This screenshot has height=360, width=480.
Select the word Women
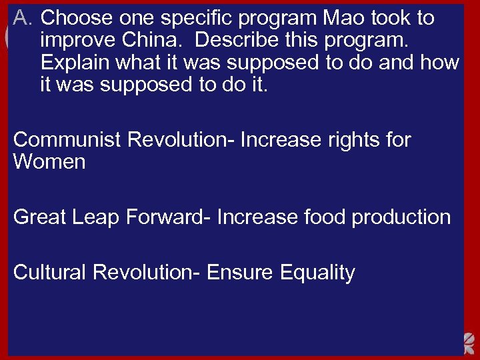[49, 162]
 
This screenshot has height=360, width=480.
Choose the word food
[325, 217]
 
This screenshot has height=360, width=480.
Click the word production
[404, 217]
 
